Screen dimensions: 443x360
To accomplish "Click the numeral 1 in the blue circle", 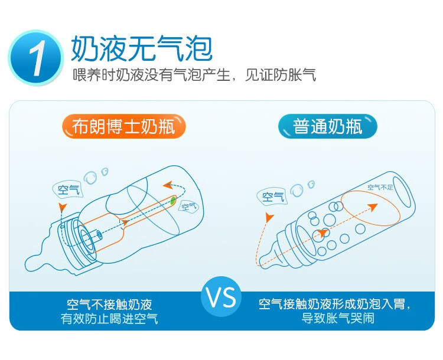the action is coord(38,58).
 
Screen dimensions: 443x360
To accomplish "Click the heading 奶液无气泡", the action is coord(142,48).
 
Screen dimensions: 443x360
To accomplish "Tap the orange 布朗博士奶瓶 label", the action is coord(124,126).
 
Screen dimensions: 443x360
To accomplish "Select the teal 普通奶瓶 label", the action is coord(328,126).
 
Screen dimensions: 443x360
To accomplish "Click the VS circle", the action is coord(221,297).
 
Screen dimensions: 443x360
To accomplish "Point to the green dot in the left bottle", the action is coord(172,201).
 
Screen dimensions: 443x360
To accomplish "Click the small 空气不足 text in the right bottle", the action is coord(380,187).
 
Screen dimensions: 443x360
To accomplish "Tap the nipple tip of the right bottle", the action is coord(261,262).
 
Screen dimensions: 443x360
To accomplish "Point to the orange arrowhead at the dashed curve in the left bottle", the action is coord(168,185).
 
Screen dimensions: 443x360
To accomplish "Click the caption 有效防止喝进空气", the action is coord(109,319).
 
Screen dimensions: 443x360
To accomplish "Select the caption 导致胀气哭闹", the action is coord(338,318).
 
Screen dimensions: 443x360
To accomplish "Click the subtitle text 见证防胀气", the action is coord(280,75).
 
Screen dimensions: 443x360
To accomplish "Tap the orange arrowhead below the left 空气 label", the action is coord(63,207).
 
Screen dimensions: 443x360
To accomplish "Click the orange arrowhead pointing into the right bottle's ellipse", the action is coord(373,207).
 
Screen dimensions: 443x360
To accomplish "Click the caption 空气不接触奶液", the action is coord(109,304).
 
